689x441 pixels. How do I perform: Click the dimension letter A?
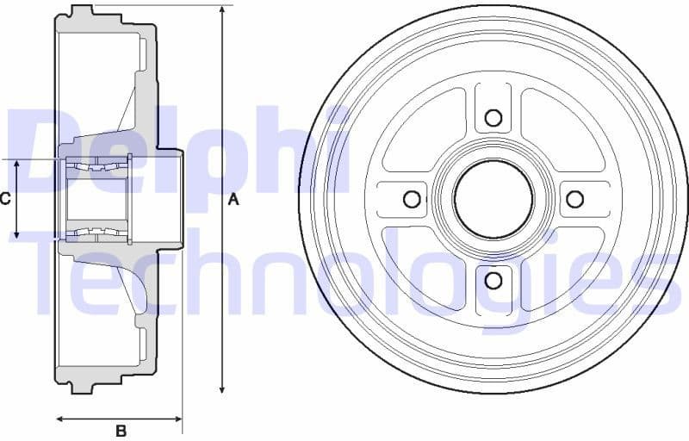pos(233,200)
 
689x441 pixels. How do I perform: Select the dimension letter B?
pos(121,430)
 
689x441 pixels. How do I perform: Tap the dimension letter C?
pos(5,199)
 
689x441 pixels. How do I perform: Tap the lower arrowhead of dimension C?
pos(17,233)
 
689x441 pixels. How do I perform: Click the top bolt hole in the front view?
pos(493,118)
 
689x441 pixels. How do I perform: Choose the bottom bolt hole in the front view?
pos(493,280)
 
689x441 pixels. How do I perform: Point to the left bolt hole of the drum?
pos(413,200)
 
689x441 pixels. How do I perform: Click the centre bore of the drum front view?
pos(493,200)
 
